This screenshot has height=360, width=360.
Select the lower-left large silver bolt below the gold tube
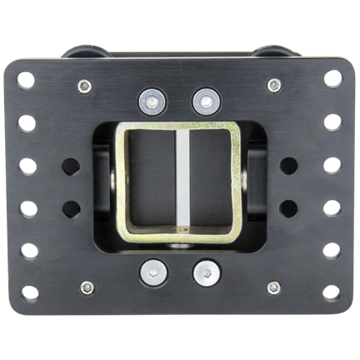pos(152,271)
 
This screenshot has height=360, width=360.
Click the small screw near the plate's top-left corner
pos(84,85)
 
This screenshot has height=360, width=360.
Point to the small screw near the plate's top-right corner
pos(273,85)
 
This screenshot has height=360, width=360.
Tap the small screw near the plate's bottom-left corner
pos(87,287)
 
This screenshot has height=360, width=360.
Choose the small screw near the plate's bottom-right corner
pos(273,287)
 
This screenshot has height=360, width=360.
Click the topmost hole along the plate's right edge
pos(332,79)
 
